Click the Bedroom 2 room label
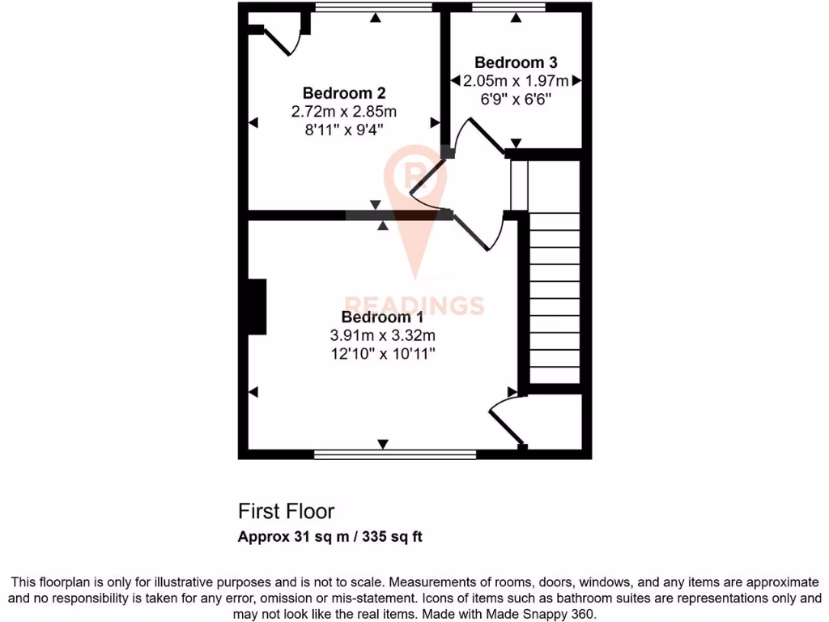343,92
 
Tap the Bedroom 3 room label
516,62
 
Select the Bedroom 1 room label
382,317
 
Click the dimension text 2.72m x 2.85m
344,111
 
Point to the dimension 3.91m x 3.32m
383,335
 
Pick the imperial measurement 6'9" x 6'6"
516,99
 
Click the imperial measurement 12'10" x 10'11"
383,354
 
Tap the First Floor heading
286,511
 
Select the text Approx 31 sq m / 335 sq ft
330,536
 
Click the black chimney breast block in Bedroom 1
257,307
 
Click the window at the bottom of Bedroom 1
395,455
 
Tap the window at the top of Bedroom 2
373,8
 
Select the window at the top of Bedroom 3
509,8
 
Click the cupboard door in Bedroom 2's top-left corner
280,40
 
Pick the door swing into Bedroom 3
479,136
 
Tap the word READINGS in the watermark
414,305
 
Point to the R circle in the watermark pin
414,172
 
